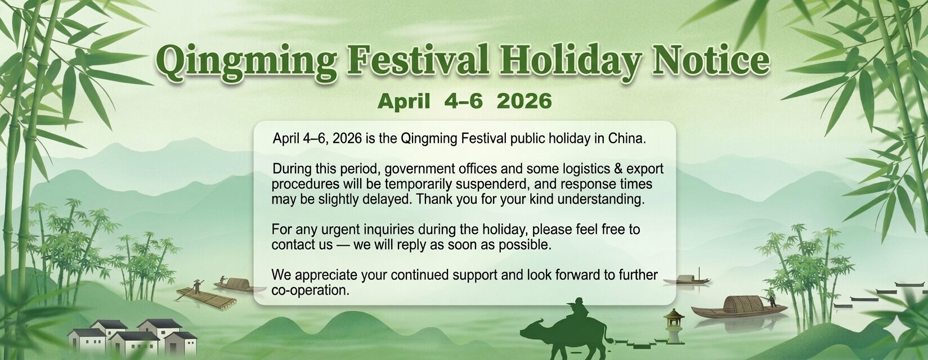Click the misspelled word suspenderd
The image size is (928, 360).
(495, 184)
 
